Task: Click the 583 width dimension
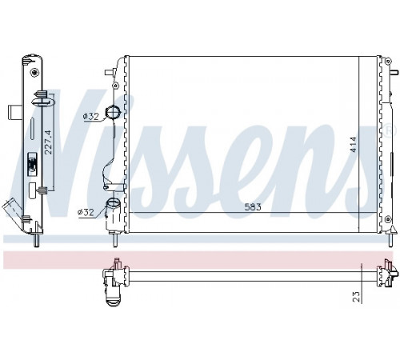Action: [253, 207]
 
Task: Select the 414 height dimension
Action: [354, 144]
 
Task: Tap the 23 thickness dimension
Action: [357, 297]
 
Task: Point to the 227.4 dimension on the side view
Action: [48, 142]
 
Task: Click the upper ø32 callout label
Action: [91, 116]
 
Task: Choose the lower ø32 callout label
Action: [86, 212]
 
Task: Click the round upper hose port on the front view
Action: [113, 113]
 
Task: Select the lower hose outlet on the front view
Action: [114, 214]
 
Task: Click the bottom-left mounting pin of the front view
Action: [115, 239]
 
